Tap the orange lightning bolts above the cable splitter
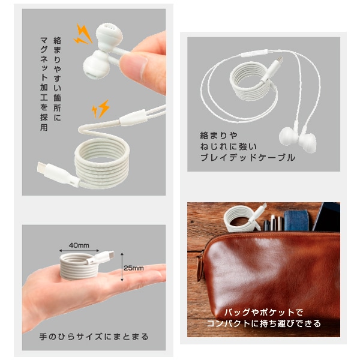click(x=101, y=109)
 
